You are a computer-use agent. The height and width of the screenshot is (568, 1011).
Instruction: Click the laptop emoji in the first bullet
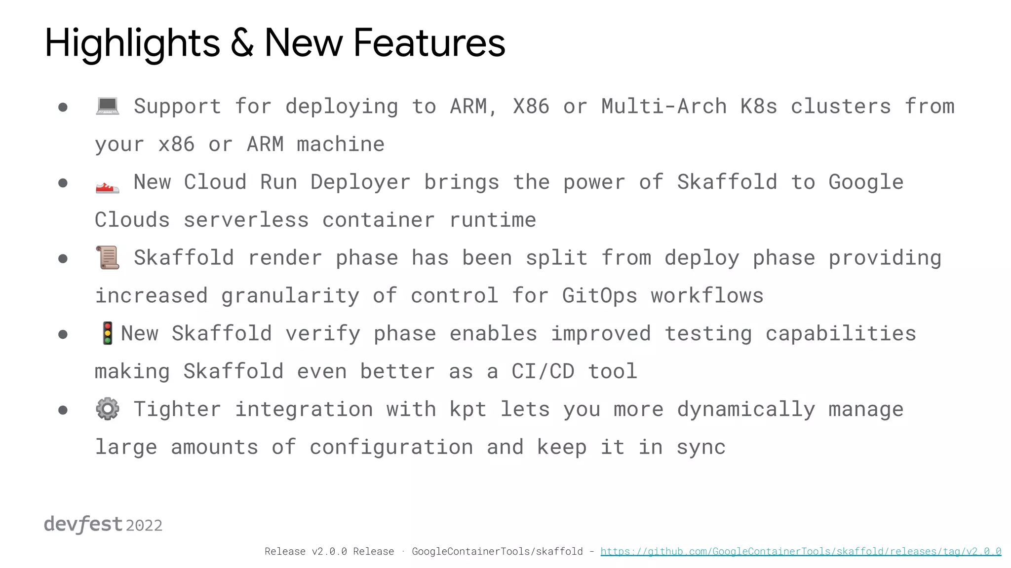[107, 106]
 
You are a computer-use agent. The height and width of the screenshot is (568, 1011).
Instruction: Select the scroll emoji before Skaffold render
[108, 257]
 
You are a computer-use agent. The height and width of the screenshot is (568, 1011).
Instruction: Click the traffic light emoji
[107, 333]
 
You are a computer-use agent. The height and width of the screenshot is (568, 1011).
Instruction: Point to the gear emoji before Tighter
[107, 409]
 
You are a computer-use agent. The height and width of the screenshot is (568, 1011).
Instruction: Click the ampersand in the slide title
[242, 43]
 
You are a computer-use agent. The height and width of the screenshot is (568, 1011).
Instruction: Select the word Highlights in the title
[132, 43]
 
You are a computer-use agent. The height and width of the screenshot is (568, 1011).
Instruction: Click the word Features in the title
[429, 43]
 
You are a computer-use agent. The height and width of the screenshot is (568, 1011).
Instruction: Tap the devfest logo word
[83, 524]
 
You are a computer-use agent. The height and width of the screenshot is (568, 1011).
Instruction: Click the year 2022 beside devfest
[144, 526]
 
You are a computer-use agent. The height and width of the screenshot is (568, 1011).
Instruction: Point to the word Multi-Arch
[663, 106]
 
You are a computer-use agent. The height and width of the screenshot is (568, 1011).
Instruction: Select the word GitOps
[599, 296]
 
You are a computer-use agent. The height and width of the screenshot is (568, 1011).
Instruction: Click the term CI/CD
[543, 371]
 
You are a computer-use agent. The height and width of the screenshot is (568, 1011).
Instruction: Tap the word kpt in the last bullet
[467, 409]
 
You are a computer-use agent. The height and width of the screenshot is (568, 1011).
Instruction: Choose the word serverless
[246, 220]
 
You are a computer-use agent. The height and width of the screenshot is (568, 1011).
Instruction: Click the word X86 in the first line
[531, 106]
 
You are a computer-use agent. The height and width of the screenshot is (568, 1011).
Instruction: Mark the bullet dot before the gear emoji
[63, 410]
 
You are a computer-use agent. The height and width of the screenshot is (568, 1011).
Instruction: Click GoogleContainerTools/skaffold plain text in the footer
[497, 551]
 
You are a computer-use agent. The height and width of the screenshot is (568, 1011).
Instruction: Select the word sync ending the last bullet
[701, 447]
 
